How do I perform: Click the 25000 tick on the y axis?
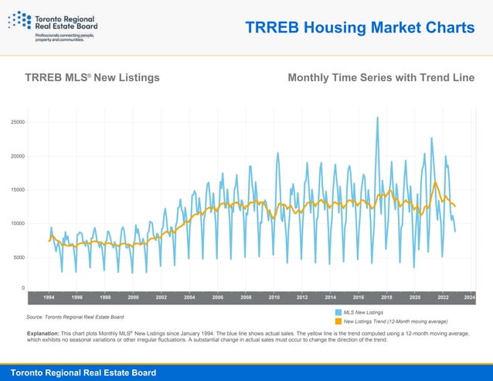[17, 122]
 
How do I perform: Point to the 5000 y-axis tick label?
[19, 257]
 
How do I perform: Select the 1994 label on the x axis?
[49, 297]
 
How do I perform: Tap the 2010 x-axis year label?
[274, 297]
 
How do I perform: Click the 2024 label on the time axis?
[470, 297]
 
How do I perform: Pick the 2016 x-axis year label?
[359, 297]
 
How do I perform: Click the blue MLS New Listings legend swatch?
[338, 311]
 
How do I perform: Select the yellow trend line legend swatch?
[338, 321]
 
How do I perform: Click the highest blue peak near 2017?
[377, 117]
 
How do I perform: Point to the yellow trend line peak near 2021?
[436, 182]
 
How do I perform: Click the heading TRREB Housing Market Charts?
[359, 29]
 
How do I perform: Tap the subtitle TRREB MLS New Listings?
[92, 78]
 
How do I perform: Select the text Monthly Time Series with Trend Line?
[381, 78]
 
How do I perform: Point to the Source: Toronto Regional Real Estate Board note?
[75, 317]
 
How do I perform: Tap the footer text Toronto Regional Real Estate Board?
[83, 372]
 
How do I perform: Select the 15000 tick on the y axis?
[17, 190]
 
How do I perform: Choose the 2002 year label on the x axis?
[161, 297]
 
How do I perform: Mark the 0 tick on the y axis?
[22, 287]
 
